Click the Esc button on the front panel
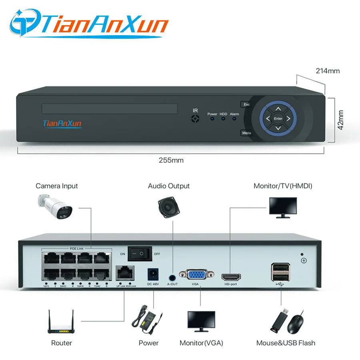point(246,104)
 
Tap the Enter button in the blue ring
point(278,118)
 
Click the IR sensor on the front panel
point(195,118)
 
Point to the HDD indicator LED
point(223,119)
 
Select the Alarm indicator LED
point(234,119)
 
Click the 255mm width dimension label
point(171,160)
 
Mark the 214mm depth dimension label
point(328,71)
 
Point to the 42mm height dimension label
point(341,120)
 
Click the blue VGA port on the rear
point(195,275)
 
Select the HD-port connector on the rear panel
point(231,276)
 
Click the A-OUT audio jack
point(172,276)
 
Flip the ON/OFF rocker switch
point(140,254)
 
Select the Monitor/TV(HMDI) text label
point(283,186)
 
